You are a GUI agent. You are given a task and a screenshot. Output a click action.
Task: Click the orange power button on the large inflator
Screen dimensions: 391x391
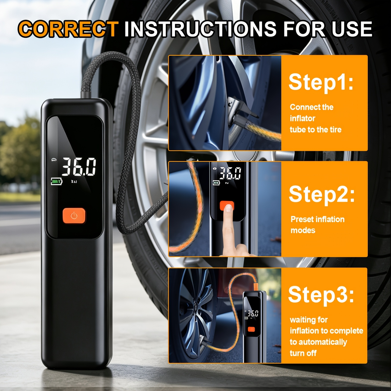[74, 216]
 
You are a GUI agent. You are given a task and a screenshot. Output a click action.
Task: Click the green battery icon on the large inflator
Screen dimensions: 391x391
[56, 181]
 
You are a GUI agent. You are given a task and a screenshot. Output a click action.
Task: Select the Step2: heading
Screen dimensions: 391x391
[322, 194]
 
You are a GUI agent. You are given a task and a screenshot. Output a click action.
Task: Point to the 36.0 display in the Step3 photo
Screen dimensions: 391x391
[253, 314]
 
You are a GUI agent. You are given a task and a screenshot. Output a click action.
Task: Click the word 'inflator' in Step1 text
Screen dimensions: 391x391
[302, 118]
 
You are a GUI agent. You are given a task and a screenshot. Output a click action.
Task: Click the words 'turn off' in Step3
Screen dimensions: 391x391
[303, 353]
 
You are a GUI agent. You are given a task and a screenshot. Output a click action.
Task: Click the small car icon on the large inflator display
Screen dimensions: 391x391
[54, 160]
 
